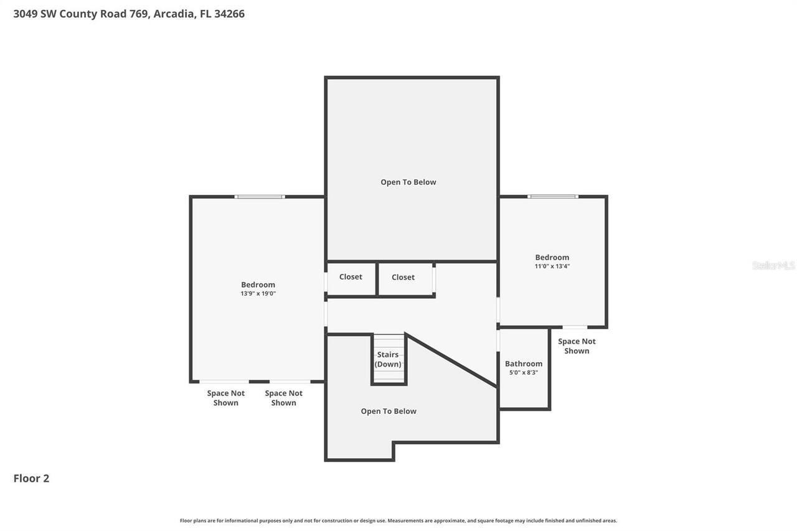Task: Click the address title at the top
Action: click(x=129, y=14)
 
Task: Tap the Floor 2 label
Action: click(x=31, y=478)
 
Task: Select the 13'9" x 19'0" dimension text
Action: click(x=258, y=293)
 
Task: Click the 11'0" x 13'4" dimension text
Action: click(x=552, y=266)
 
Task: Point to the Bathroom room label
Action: click(x=523, y=364)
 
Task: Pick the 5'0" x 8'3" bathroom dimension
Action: click(x=523, y=372)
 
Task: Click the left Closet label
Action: click(x=351, y=277)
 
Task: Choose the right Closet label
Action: click(x=403, y=277)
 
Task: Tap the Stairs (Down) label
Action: click(x=388, y=359)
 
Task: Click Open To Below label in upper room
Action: click(x=408, y=182)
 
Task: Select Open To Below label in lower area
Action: click(x=389, y=411)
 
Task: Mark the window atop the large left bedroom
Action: click(x=260, y=197)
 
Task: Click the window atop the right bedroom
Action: click(x=552, y=197)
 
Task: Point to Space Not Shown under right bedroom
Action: click(x=577, y=346)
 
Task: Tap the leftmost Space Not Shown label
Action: click(x=226, y=398)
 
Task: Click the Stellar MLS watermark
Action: click(x=773, y=265)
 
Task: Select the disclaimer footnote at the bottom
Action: click(x=398, y=520)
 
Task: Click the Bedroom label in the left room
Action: click(x=258, y=284)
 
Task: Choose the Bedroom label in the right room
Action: click(x=552, y=257)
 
